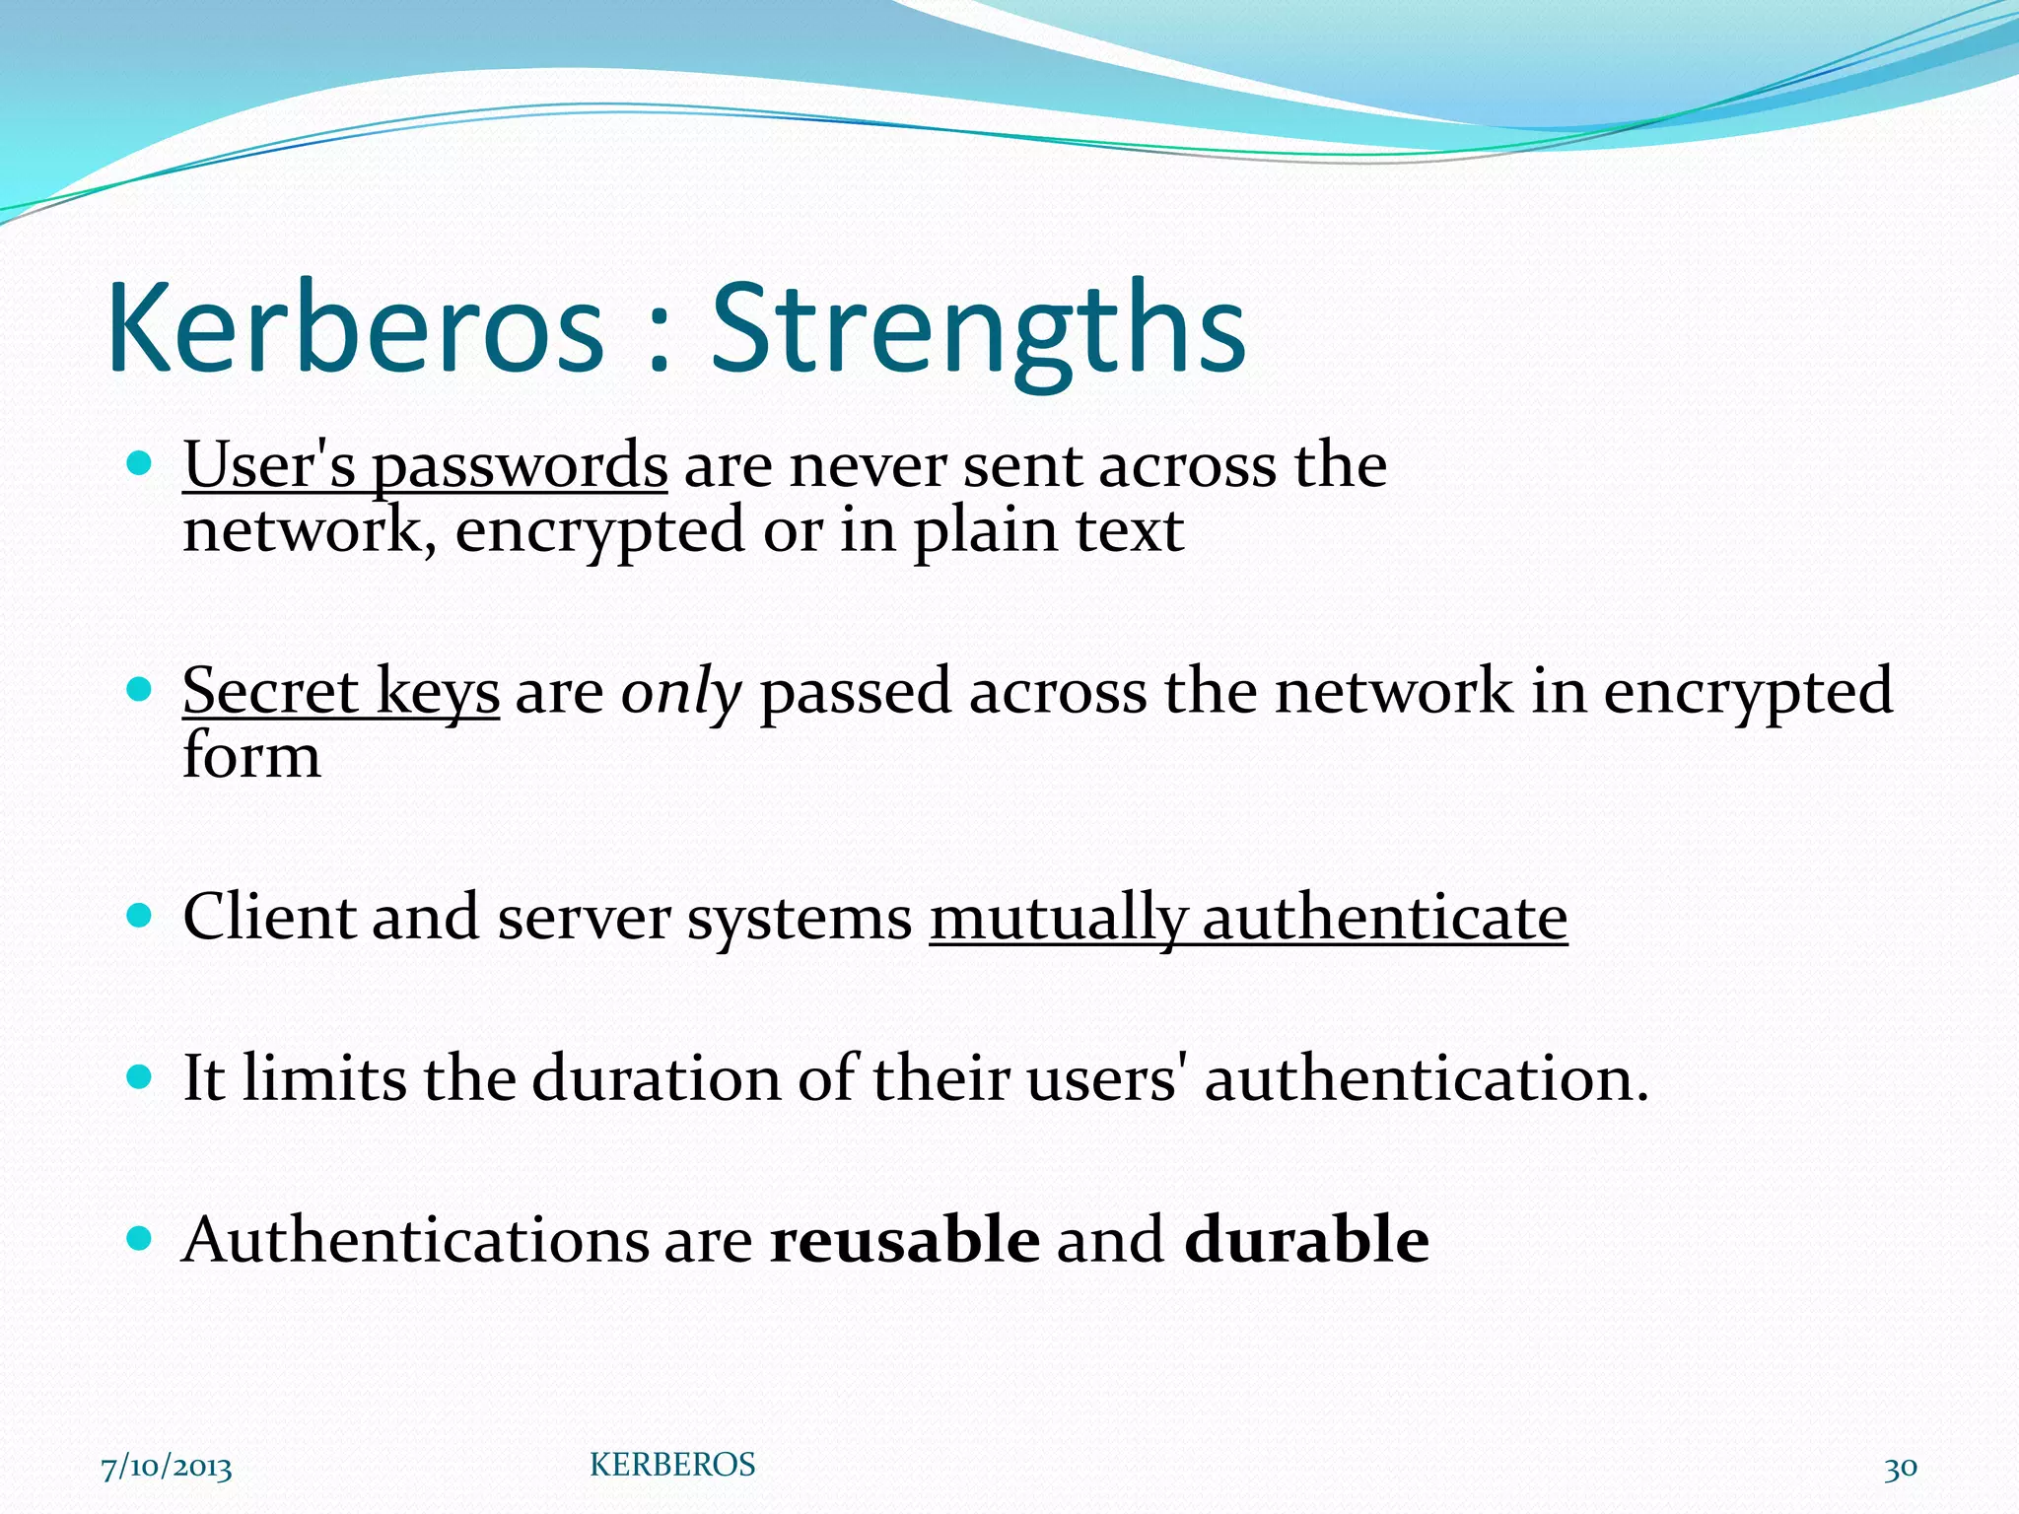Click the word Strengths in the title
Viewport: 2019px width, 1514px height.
point(978,330)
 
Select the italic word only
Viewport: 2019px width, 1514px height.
point(680,692)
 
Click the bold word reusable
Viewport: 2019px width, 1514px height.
point(904,1239)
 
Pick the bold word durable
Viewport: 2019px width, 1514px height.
point(1306,1239)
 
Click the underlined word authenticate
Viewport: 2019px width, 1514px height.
point(1384,919)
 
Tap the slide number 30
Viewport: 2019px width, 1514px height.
point(1901,1468)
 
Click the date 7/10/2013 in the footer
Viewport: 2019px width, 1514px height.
point(167,1468)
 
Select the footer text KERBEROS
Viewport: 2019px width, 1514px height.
point(672,1465)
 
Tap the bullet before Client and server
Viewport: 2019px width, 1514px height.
point(140,916)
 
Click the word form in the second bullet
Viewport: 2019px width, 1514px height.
point(251,756)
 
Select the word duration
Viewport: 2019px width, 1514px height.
point(656,1078)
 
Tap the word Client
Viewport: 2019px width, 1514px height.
point(268,917)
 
